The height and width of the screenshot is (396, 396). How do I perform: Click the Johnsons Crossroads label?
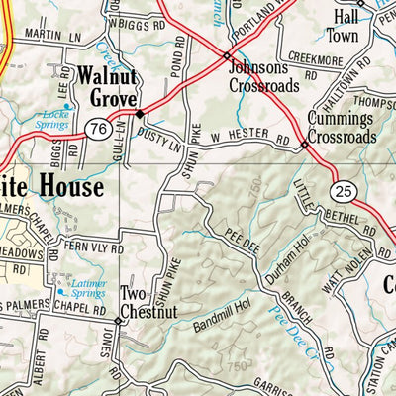pyautogui.click(x=262, y=76)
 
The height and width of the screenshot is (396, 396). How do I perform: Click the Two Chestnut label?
pyautogui.click(x=148, y=303)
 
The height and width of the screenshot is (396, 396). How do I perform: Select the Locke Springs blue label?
pyautogui.click(x=55, y=121)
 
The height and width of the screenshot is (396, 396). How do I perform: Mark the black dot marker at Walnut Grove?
pyautogui.click(x=139, y=113)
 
